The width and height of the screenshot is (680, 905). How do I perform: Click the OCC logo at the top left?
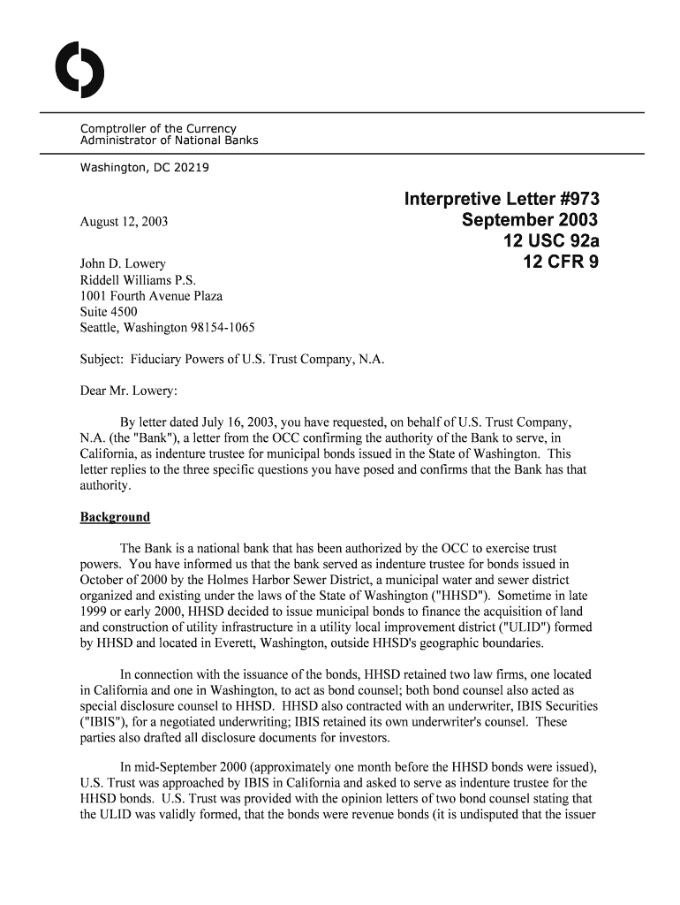click(79, 69)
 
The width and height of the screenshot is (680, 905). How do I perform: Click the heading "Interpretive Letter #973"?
click(502, 199)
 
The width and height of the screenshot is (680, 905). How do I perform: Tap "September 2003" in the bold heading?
click(530, 220)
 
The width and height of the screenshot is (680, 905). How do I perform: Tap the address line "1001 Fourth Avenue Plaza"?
click(151, 296)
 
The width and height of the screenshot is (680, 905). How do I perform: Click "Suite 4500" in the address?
click(109, 312)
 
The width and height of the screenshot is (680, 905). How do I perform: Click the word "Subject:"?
click(102, 360)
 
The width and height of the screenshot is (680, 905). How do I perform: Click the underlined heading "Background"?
click(115, 517)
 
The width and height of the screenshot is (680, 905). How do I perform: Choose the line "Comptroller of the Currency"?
click(158, 129)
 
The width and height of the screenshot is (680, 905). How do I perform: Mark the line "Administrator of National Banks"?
click(169, 141)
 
